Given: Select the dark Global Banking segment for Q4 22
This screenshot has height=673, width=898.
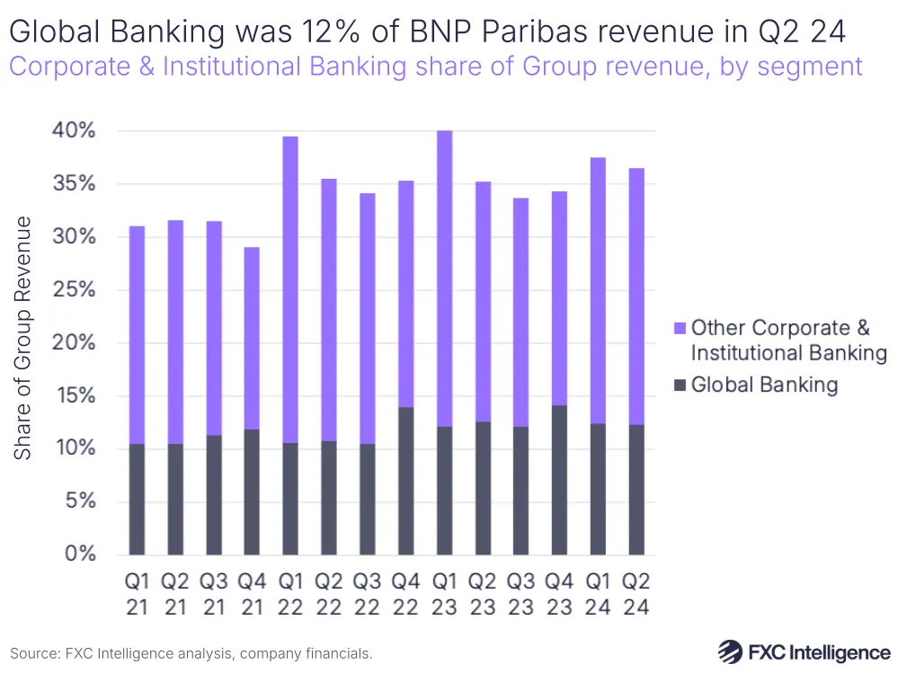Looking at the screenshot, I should (405, 481).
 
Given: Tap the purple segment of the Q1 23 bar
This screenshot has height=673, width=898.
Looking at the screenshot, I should (443, 279).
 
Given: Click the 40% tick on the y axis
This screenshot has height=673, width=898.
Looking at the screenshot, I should (69, 131).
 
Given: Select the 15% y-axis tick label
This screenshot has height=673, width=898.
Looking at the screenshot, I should (69, 395).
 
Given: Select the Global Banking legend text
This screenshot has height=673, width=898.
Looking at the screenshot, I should (764, 385).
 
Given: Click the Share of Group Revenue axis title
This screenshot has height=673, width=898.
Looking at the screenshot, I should (23, 338).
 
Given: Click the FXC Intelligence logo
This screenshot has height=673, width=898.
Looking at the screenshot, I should (804, 651).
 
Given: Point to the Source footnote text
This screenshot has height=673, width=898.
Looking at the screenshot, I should (191, 653).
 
